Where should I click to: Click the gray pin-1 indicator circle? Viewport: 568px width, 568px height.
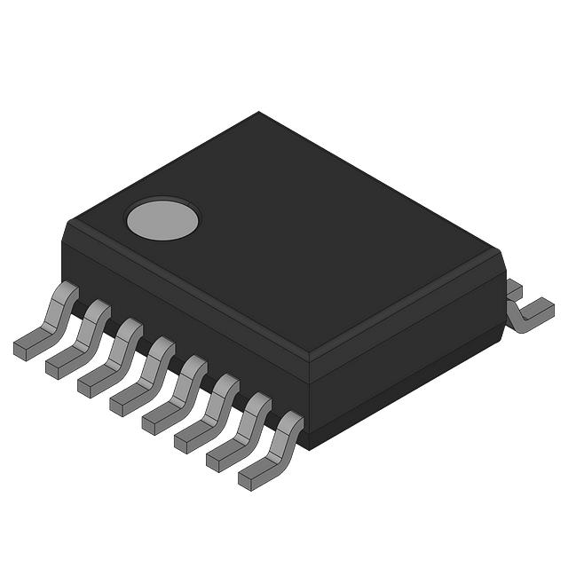click(x=162, y=219)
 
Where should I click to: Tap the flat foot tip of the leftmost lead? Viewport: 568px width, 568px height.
click(x=27, y=345)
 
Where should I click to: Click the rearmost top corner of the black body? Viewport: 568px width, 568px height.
click(x=258, y=113)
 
